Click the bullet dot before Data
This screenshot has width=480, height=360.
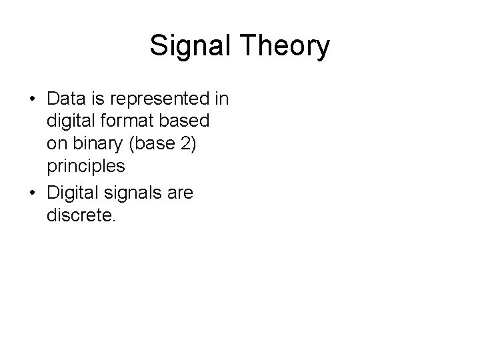click(x=32, y=100)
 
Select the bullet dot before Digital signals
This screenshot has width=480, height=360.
click(x=32, y=194)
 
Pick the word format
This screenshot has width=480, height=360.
click(x=131, y=123)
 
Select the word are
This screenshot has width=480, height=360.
click(x=178, y=193)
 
